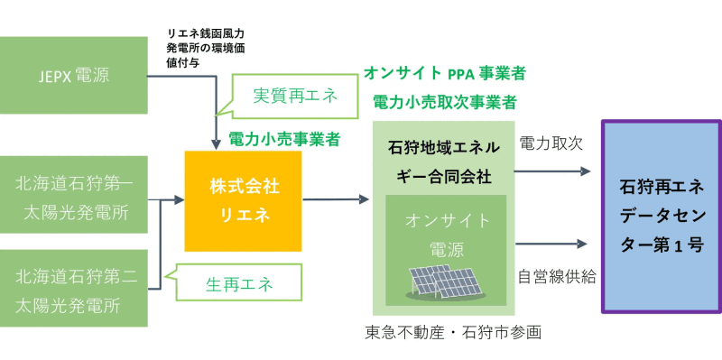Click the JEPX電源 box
tap(74, 76)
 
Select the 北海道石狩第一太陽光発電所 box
tap(74, 196)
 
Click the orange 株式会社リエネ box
tap(243, 201)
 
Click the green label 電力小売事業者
tap(284, 139)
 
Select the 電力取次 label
tap(550, 143)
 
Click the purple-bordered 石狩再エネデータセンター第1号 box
tap(662, 216)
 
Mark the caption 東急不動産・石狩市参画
tap(452, 332)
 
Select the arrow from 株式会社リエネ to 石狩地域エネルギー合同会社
tap(337, 198)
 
